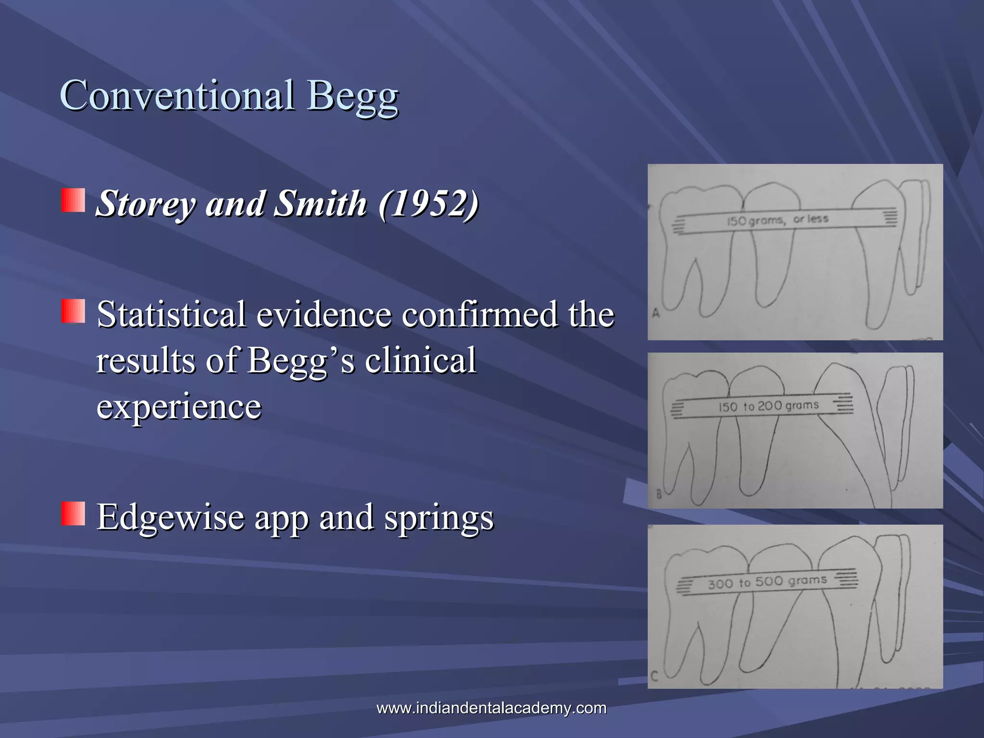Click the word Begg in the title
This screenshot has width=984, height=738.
pos(353,96)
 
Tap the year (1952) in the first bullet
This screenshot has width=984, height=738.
pos(429,204)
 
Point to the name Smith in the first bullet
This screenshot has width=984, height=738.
pos(320,203)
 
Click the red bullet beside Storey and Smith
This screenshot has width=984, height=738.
pos(73,200)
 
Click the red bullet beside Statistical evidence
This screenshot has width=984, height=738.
pos(73,311)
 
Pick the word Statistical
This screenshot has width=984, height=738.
pos(172,315)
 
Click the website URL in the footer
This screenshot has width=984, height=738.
pos(491,708)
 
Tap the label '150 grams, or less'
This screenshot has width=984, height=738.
pos(777,220)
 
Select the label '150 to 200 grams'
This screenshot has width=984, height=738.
pos(769,406)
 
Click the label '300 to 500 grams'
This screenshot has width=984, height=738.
pos(767,582)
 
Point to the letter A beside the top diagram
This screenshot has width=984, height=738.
pos(656,314)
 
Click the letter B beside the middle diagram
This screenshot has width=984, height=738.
pos(659,494)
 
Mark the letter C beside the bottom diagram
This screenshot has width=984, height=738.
pos(654,676)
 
